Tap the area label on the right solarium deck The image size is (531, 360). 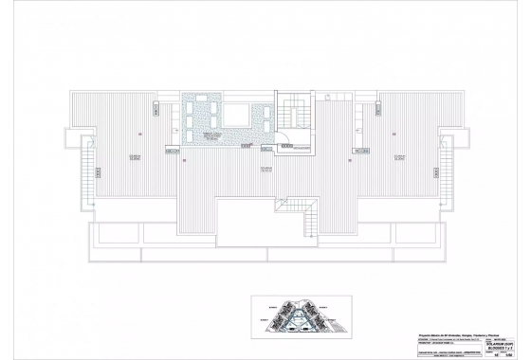[x=398, y=157]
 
